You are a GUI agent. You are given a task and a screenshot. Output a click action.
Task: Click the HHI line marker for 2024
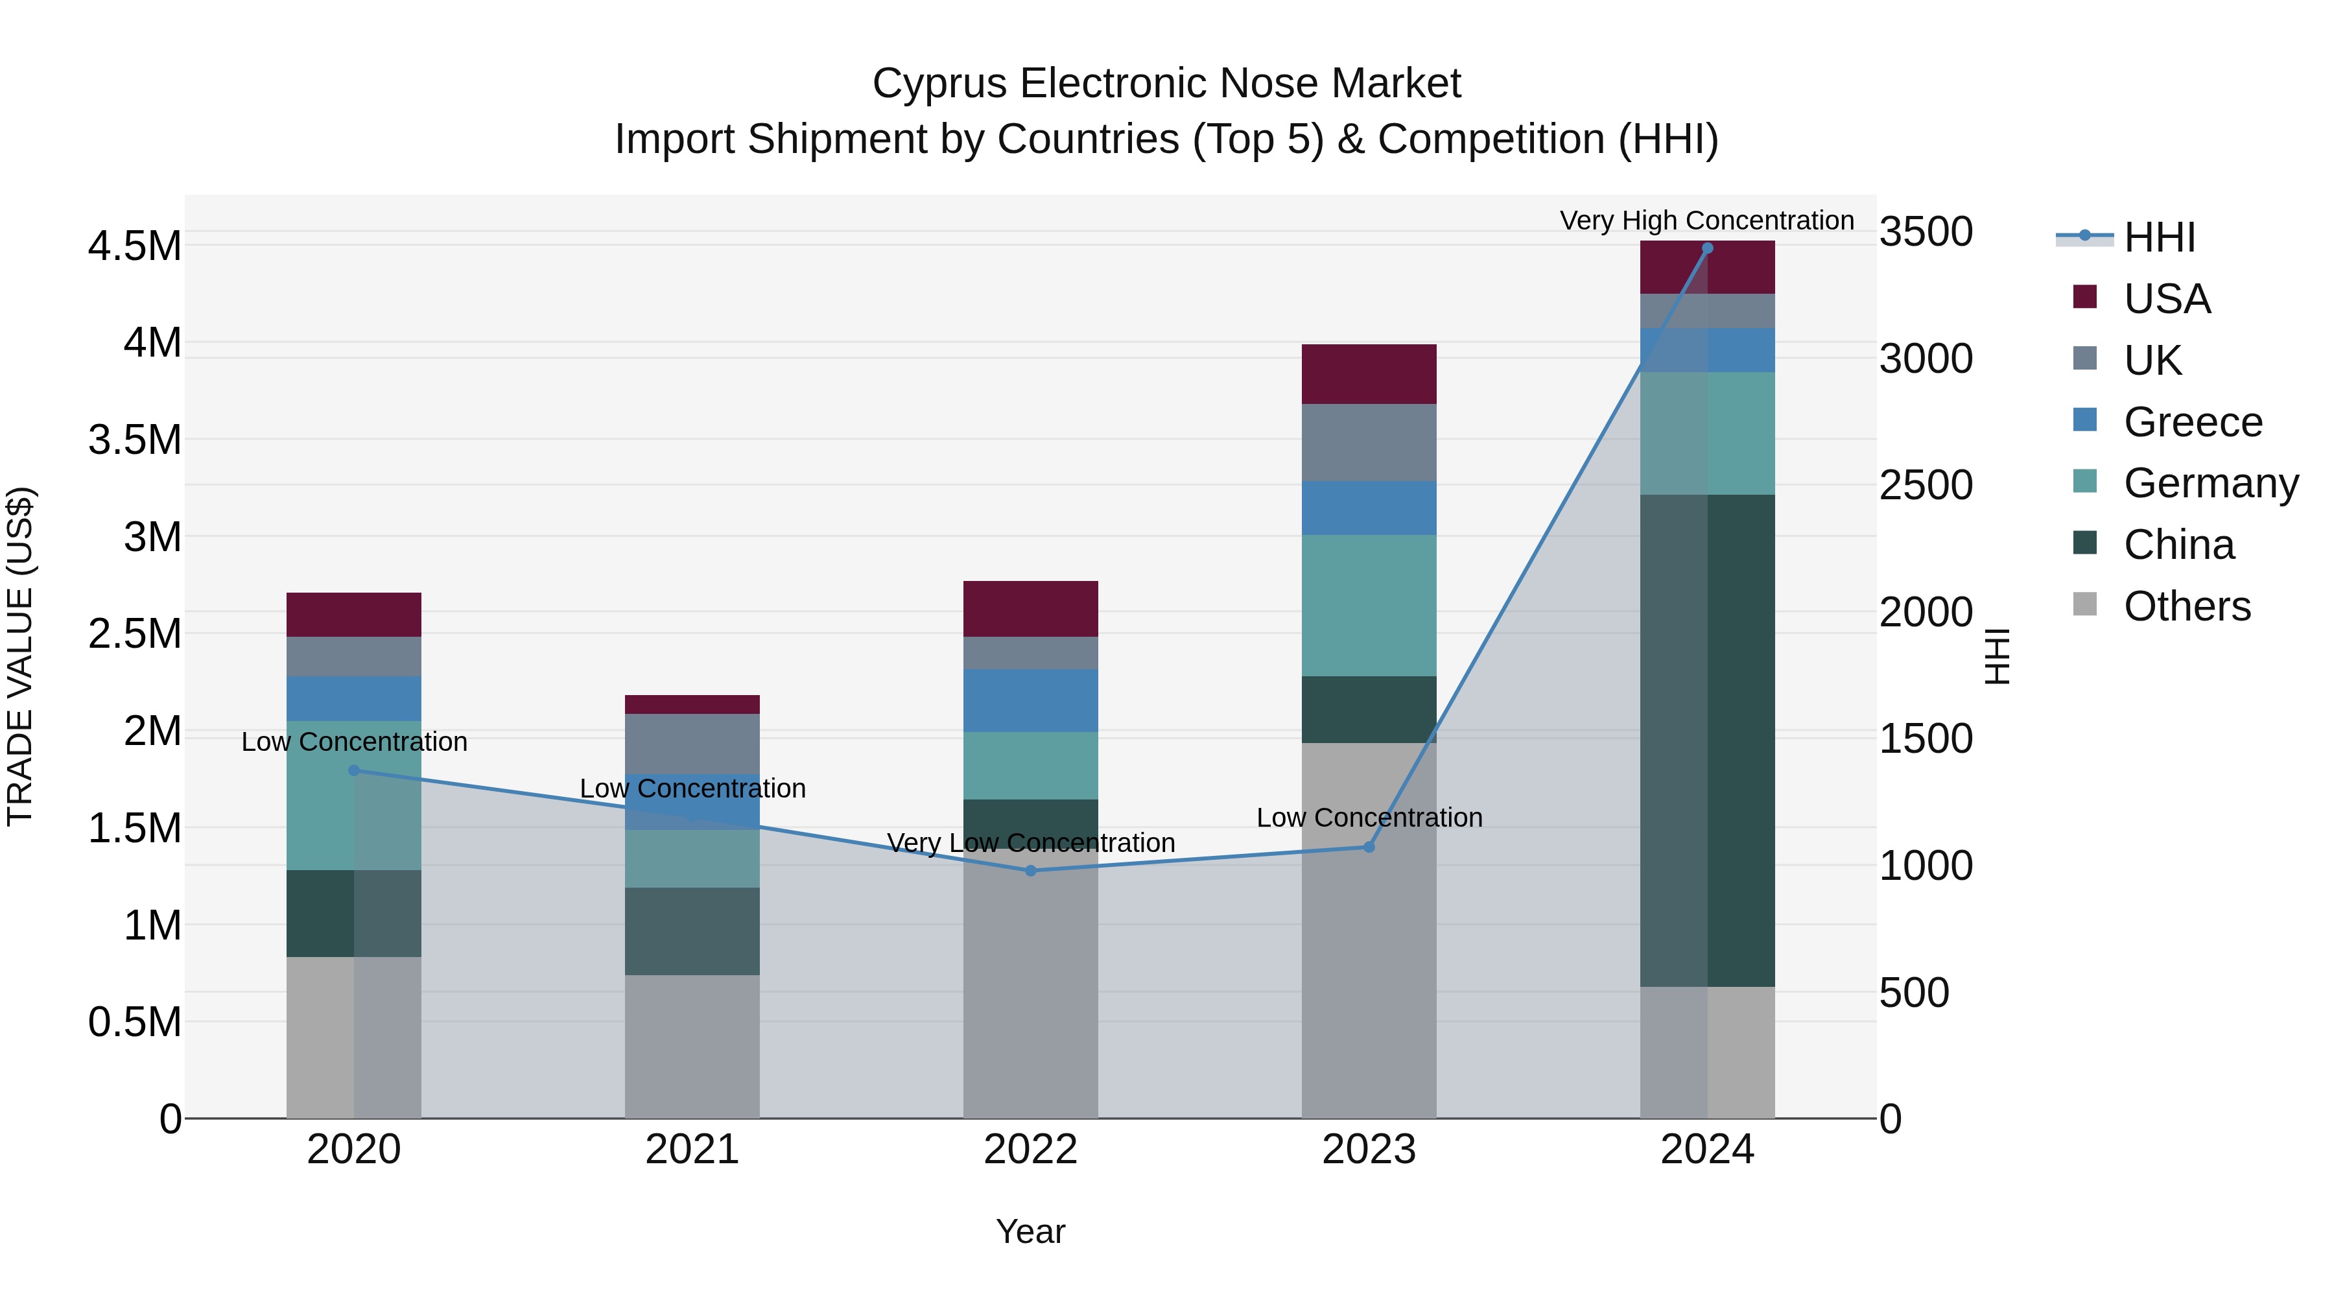click(x=1707, y=248)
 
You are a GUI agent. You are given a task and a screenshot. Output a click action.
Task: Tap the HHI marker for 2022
click(x=1030, y=871)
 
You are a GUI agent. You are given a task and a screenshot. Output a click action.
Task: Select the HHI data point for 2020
click(x=354, y=771)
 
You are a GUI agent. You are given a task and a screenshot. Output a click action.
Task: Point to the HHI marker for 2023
click(x=1369, y=847)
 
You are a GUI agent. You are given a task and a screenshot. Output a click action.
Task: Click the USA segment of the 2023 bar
click(x=1369, y=374)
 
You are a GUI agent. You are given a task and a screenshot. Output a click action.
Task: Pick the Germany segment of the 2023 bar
click(x=1369, y=606)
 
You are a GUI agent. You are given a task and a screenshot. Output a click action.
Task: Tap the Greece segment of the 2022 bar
click(x=1030, y=700)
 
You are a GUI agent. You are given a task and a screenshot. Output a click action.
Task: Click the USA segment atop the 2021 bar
click(x=692, y=705)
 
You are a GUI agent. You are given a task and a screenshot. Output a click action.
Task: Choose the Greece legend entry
click(x=2192, y=421)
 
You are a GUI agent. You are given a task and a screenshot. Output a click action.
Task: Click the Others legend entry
click(x=2186, y=606)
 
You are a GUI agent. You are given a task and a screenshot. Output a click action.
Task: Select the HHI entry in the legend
click(x=2159, y=237)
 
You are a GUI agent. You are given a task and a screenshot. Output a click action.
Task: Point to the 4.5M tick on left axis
click(x=134, y=246)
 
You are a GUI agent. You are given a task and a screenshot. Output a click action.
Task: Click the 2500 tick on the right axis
click(x=1926, y=485)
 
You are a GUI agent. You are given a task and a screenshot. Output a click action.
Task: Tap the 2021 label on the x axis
click(x=692, y=1150)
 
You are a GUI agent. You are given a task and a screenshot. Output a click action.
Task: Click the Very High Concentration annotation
click(x=1706, y=220)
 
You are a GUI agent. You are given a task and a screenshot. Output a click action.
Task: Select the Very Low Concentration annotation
click(x=1030, y=843)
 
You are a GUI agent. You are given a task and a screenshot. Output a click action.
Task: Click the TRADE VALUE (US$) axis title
click(x=21, y=656)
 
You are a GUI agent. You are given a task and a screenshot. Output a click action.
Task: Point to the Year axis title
click(x=1030, y=1231)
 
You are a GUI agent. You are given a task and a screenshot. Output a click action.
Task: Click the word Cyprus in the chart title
click(x=939, y=84)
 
